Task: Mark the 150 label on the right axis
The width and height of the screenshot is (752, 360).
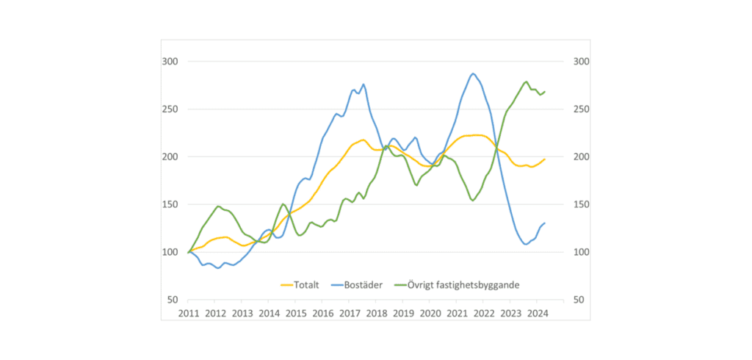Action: click(x=579, y=204)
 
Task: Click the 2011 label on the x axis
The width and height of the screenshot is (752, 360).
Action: click(x=189, y=313)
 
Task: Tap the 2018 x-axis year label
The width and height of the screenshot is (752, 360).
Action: click(x=376, y=313)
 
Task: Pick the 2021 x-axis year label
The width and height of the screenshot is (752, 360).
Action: click(x=457, y=313)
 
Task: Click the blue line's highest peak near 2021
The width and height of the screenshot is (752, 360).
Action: click(x=473, y=73)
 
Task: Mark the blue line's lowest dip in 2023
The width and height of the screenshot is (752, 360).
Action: click(x=525, y=244)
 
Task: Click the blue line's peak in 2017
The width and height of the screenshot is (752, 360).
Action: click(x=364, y=84)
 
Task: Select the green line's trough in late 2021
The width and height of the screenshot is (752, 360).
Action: click(x=473, y=200)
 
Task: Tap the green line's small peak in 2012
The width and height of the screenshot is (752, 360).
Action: click(x=218, y=206)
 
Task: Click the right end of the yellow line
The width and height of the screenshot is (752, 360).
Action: click(x=545, y=159)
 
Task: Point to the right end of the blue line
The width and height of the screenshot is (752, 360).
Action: click(x=545, y=223)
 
